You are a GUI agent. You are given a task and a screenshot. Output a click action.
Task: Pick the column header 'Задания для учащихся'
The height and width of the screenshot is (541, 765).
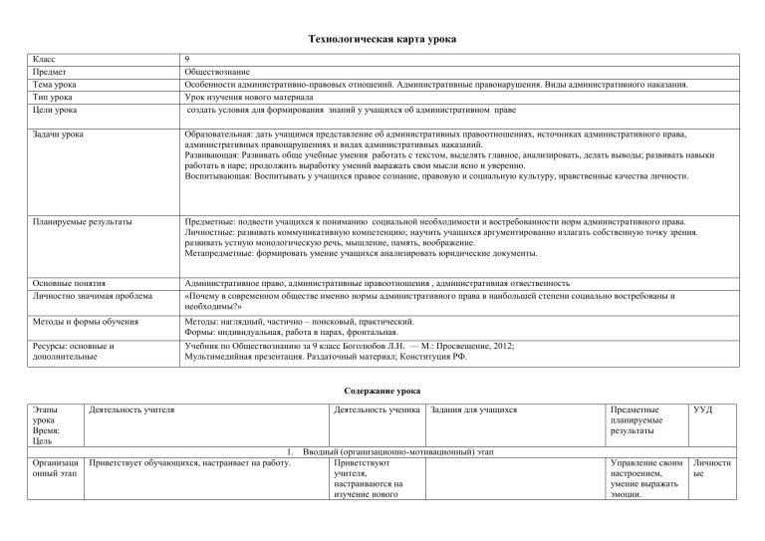click(x=472, y=407)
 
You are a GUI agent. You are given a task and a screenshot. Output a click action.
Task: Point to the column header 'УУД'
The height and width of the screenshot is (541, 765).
click(x=700, y=407)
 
